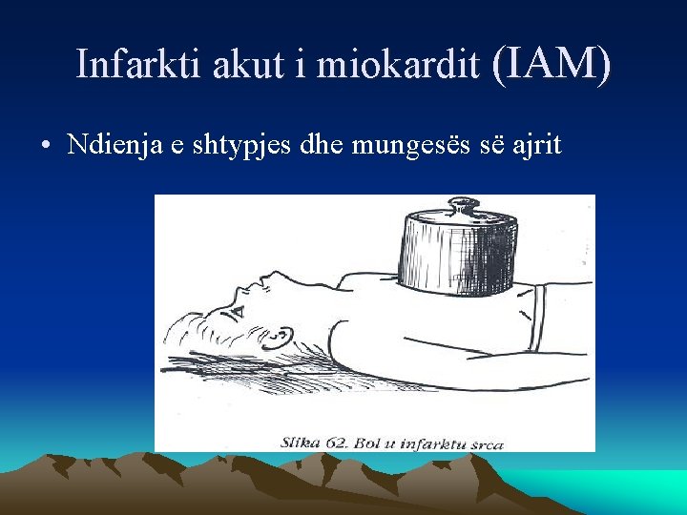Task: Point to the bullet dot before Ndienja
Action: click(x=45, y=147)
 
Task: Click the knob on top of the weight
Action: click(x=464, y=206)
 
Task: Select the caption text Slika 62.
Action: click(x=315, y=443)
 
